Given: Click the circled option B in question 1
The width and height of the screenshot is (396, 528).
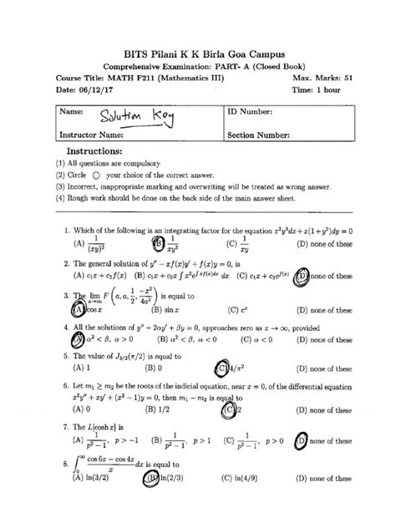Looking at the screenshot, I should coord(156,244).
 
